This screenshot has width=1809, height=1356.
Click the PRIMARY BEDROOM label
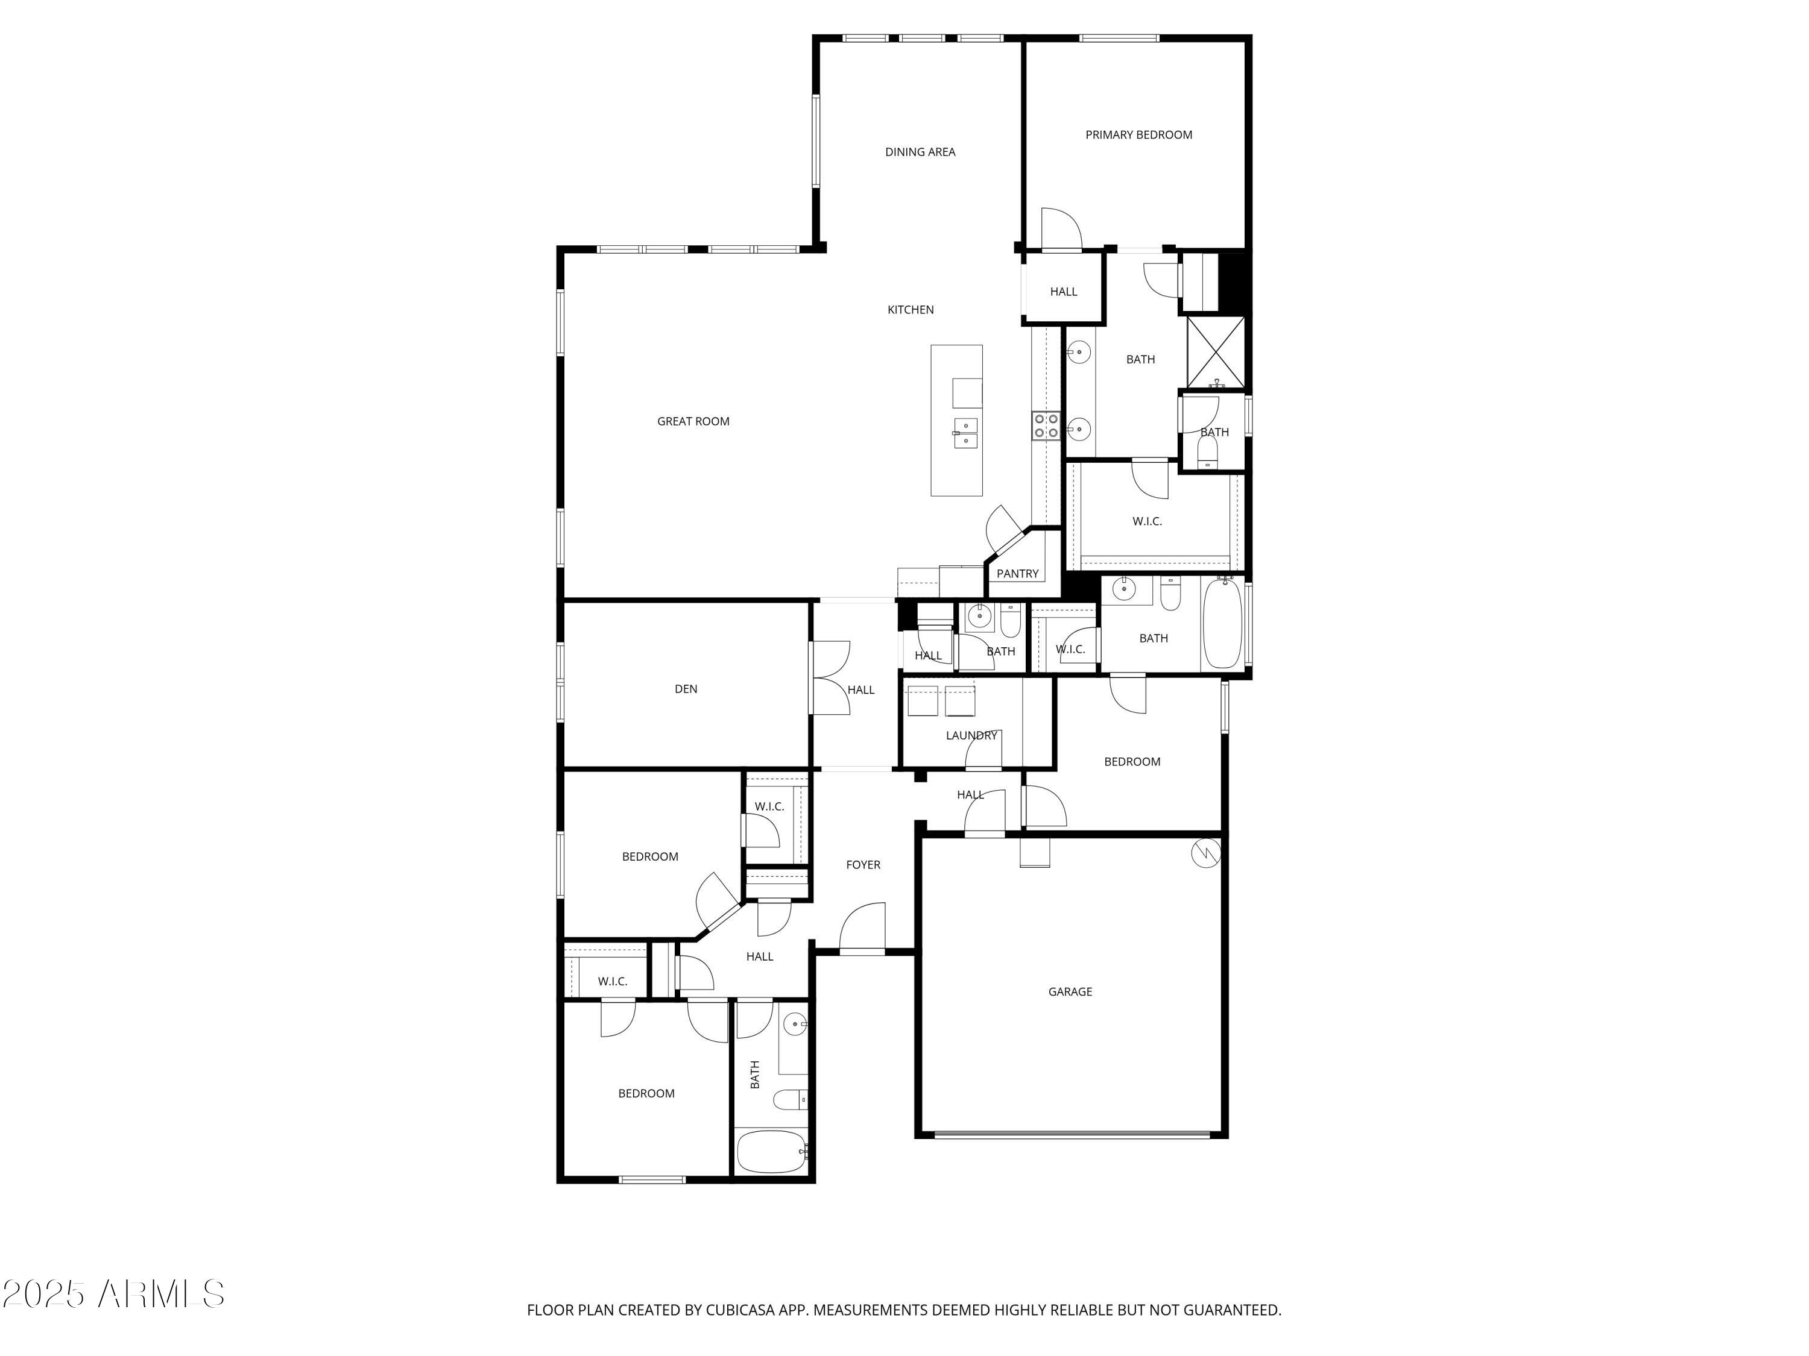tap(1138, 135)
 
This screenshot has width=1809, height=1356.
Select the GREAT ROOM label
tap(693, 422)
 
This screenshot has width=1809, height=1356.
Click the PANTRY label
tap(1017, 574)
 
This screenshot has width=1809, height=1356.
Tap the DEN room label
tap(686, 689)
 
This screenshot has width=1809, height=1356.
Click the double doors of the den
tap(829, 677)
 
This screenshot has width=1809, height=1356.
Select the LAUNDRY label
tap(971, 736)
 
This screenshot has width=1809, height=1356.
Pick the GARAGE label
tap(1070, 991)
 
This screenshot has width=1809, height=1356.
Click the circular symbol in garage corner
tap(1205, 853)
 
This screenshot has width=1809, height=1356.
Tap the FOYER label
tap(863, 865)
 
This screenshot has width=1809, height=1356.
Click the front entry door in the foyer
tap(863, 928)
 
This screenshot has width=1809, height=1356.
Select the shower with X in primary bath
tap(1215, 351)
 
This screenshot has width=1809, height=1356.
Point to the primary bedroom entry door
tap(1060, 230)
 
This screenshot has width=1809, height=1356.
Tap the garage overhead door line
tap(1072, 1134)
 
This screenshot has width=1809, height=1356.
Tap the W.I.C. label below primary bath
tap(1146, 521)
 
